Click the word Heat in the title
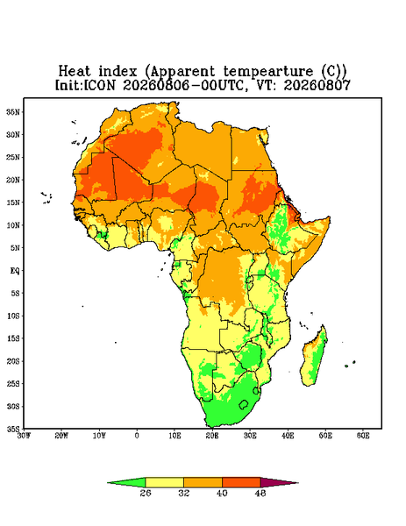click(x=75, y=72)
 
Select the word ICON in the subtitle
click(x=100, y=85)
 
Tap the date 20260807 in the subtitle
click(x=317, y=85)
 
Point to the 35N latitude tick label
click(x=13, y=111)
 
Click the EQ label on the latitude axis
click(x=15, y=270)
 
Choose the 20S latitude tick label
click(x=13, y=361)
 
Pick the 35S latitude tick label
click(x=13, y=429)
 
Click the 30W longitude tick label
click(x=24, y=436)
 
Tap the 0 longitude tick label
click(x=137, y=436)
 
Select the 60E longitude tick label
click(x=363, y=436)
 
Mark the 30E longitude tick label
click(x=250, y=436)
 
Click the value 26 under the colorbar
click(x=146, y=493)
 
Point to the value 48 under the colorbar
click(x=260, y=493)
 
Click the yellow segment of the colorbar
click(x=164, y=482)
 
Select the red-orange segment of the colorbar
click(x=241, y=482)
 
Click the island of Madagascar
click(x=314, y=358)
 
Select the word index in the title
click(x=118, y=72)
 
